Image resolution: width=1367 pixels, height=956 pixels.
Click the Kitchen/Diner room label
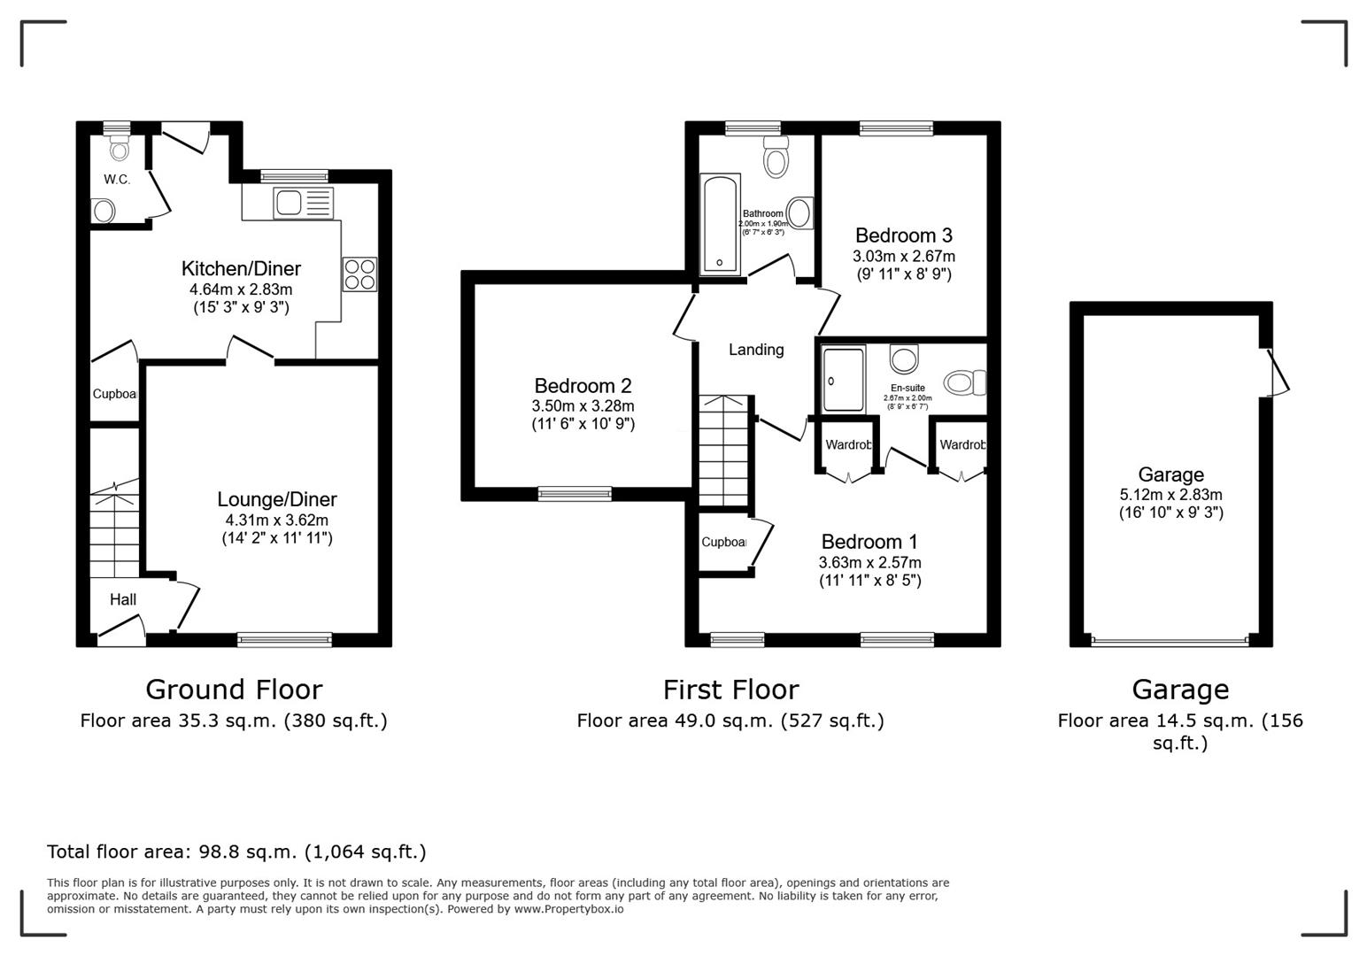coord(241,268)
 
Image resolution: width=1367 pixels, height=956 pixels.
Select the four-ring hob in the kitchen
coord(359,273)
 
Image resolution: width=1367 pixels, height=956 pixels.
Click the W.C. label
coord(117,180)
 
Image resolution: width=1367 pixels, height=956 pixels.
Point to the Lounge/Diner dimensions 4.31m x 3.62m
coord(276,520)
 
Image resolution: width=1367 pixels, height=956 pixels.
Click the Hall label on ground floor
coord(123,599)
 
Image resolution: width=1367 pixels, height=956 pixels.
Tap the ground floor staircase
coord(114,531)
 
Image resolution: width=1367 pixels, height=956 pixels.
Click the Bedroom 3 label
coord(903,235)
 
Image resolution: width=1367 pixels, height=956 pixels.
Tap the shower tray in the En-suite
coord(843,380)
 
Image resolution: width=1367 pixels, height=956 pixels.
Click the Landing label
coord(755,350)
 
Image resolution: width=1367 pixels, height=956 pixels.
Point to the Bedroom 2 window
coord(575,493)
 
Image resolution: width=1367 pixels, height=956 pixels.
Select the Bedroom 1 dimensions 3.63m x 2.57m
coord(869,562)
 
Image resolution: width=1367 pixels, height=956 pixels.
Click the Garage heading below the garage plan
coord(1179,689)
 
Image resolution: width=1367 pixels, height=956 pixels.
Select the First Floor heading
coord(730,689)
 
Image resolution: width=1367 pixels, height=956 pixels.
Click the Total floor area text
coord(236,852)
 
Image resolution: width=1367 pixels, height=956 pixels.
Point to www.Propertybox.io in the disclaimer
coord(568,909)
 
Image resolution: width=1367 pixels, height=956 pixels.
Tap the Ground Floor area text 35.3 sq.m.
coord(234,721)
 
